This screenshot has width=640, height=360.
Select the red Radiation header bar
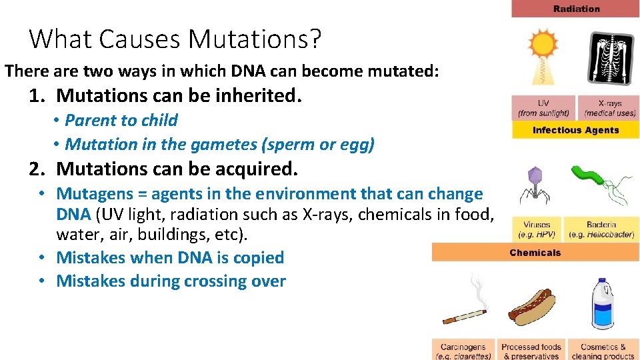coord(575,9)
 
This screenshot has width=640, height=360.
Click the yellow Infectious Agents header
coord(575,130)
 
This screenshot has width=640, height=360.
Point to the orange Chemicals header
coord(535,253)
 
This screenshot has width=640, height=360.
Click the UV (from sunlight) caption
coord(543,108)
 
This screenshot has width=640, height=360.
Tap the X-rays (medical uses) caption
coord(609,108)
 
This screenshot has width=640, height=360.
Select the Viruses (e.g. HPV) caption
coord(537,230)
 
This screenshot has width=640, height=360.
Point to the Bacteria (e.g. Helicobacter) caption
coord(601,230)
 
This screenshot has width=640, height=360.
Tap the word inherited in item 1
coord(260,96)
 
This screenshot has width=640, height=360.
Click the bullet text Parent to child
coord(121,121)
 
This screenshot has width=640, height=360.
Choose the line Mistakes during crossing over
coord(171,281)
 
